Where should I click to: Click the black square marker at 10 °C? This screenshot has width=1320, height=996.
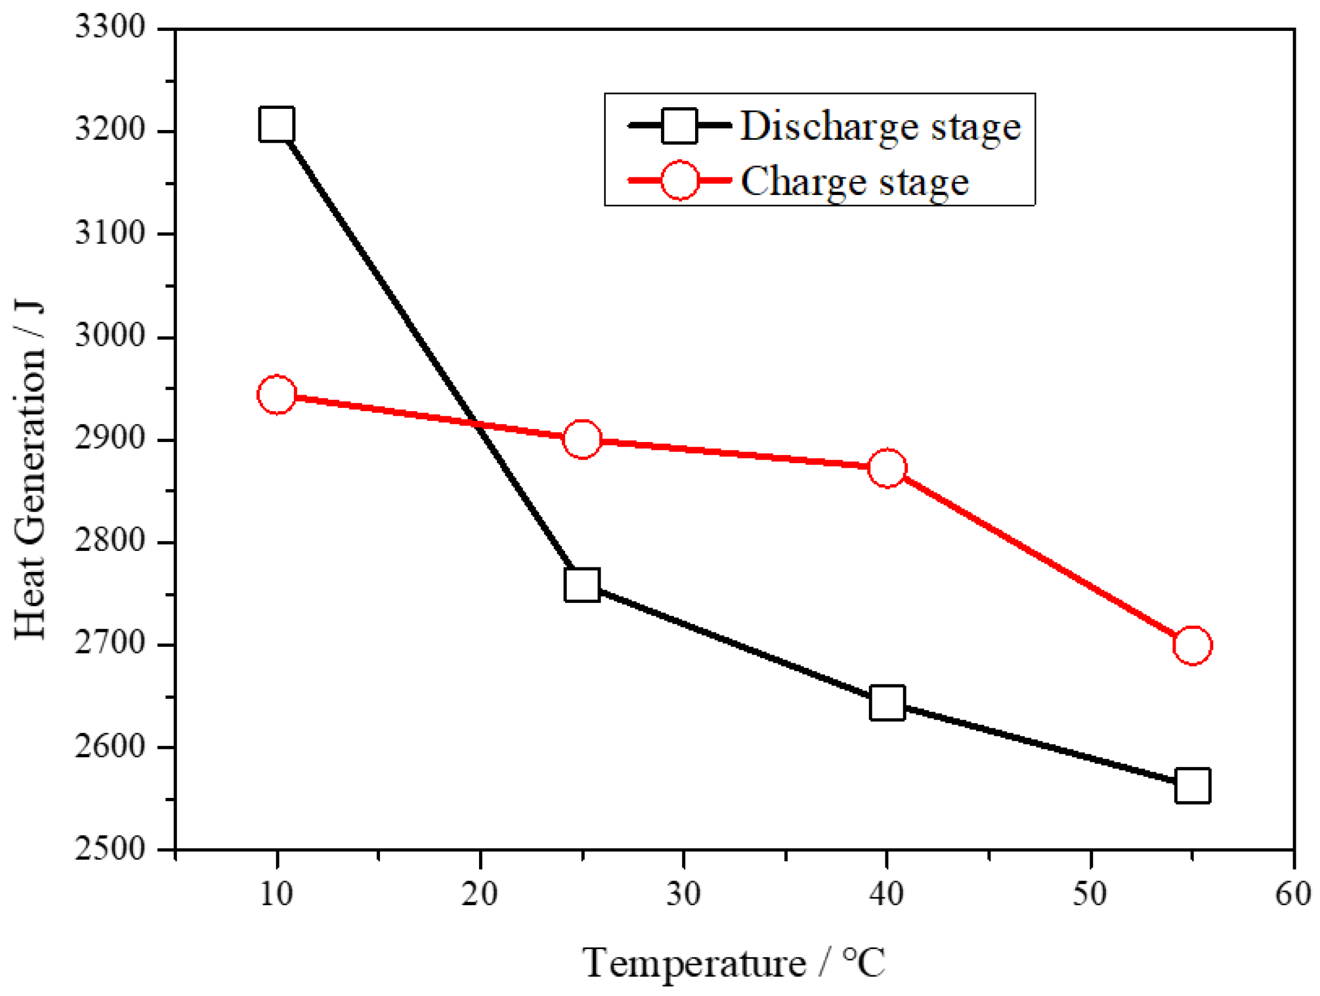[x=276, y=124]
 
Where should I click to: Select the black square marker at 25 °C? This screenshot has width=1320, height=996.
[x=582, y=584]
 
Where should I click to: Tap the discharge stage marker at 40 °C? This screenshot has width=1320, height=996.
[x=887, y=703]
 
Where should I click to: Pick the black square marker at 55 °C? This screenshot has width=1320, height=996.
[x=1192, y=786]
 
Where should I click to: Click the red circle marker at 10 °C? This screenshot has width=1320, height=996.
[x=276, y=395]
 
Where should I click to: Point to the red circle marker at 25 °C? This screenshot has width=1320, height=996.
[x=582, y=438]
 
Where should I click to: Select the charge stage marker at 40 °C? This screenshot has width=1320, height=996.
[x=887, y=468]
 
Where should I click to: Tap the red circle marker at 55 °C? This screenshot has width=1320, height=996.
[x=1192, y=645]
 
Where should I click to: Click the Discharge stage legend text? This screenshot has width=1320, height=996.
[x=881, y=126]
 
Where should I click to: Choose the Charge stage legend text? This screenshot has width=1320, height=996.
[x=854, y=182]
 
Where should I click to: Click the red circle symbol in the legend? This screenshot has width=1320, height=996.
[x=680, y=179]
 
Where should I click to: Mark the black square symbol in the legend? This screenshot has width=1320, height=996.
[x=680, y=125]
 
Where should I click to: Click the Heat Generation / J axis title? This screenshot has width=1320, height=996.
[x=30, y=470]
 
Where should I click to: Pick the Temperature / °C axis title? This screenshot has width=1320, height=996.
[x=733, y=962]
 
